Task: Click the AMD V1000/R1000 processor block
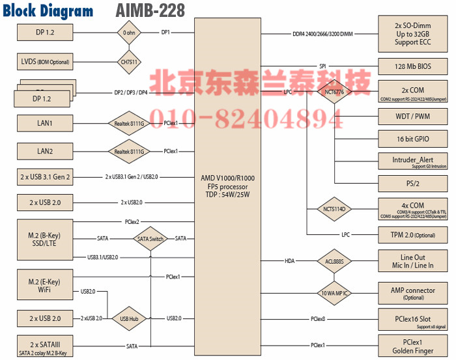click(x=227, y=185)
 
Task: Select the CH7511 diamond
click(x=128, y=62)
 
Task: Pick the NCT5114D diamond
click(x=334, y=209)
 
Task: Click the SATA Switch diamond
click(x=150, y=239)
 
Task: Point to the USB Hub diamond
click(x=128, y=319)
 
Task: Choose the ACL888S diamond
click(x=334, y=261)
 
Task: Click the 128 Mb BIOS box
click(x=413, y=66)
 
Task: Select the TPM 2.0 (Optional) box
click(x=413, y=235)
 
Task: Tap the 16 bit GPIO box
click(x=413, y=139)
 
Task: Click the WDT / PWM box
click(x=413, y=117)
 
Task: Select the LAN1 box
click(x=45, y=122)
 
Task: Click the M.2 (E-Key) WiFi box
click(x=45, y=285)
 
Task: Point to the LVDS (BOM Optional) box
click(x=45, y=62)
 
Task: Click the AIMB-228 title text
click(x=150, y=10)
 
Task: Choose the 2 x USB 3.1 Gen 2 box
click(x=45, y=176)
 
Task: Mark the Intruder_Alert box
click(x=413, y=161)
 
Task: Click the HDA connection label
click(x=289, y=261)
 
